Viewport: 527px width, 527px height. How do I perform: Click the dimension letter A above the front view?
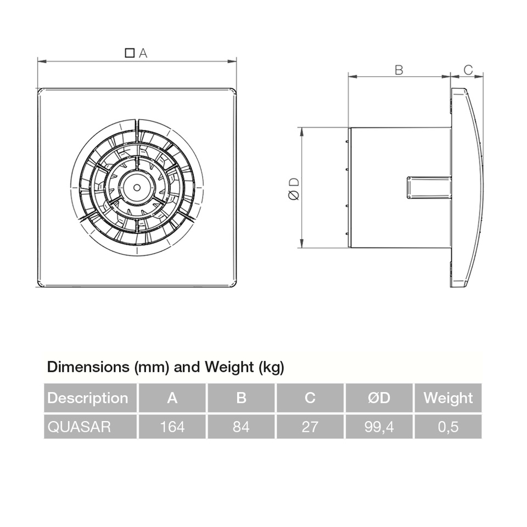(x=143, y=53)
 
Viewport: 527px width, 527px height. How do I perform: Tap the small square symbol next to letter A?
(x=130, y=53)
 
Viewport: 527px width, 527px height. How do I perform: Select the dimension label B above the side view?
(x=399, y=70)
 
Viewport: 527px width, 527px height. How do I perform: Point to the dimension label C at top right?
(x=468, y=70)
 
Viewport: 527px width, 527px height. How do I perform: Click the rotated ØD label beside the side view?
(x=294, y=188)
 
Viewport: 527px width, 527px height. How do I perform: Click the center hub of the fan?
(x=137, y=187)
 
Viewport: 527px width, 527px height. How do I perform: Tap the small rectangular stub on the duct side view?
(x=428, y=187)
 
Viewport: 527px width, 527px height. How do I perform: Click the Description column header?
(x=88, y=398)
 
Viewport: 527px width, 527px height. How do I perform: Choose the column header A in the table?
(x=172, y=398)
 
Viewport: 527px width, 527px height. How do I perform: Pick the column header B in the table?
(x=241, y=398)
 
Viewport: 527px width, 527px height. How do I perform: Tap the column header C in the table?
(x=310, y=398)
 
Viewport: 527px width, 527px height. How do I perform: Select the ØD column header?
(x=379, y=398)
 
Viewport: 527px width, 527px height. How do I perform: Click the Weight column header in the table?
(x=448, y=398)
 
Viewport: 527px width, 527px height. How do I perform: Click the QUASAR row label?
(x=80, y=427)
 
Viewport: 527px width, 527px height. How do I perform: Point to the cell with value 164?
(x=172, y=427)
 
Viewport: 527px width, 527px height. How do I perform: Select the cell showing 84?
(x=241, y=427)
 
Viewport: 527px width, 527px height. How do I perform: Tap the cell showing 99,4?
(x=379, y=427)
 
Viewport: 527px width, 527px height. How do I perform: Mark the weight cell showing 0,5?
(x=448, y=427)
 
